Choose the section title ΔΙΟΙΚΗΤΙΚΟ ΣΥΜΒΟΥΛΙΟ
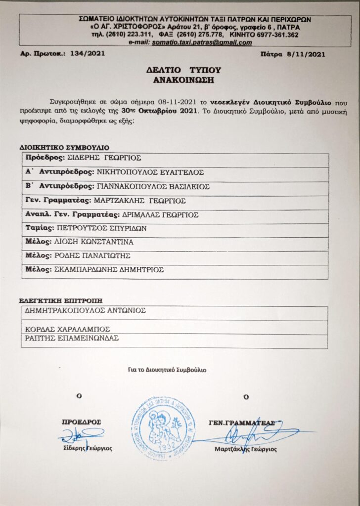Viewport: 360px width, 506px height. (x=64, y=147)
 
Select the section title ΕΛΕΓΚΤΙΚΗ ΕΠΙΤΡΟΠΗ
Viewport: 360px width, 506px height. (x=61, y=300)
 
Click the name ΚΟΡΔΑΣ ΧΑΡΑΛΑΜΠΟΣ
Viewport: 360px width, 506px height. (x=67, y=328)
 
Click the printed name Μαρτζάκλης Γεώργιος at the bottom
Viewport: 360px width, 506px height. (x=246, y=450)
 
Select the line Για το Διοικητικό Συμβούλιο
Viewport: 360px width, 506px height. (x=167, y=370)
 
